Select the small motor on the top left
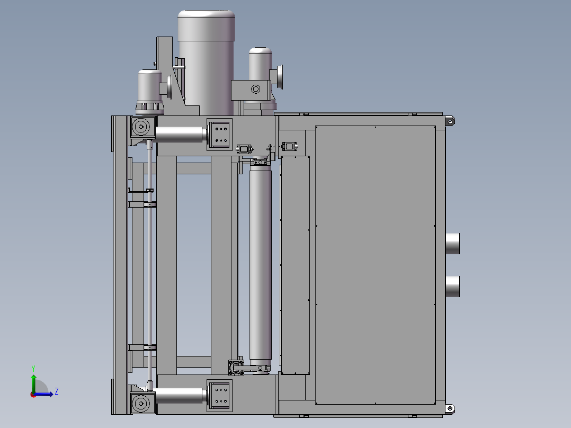pyautogui.click(x=149, y=87)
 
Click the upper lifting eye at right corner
pyautogui.click(x=450, y=121)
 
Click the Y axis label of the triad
pyautogui.click(x=33, y=368)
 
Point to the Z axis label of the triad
pyautogui.click(x=56, y=391)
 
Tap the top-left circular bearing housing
pyautogui.click(x=141, y=127)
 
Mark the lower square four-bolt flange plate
pyautogui.click(x=219, y=396)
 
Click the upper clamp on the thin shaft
pyautogui.click(x=150, y=204)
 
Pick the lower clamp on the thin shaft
pyautogui.click(x=150, y=347)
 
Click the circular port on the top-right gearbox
pyautogui.click(x=255, y=89)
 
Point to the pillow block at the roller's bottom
pyautogui.click(x=236, y=367)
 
